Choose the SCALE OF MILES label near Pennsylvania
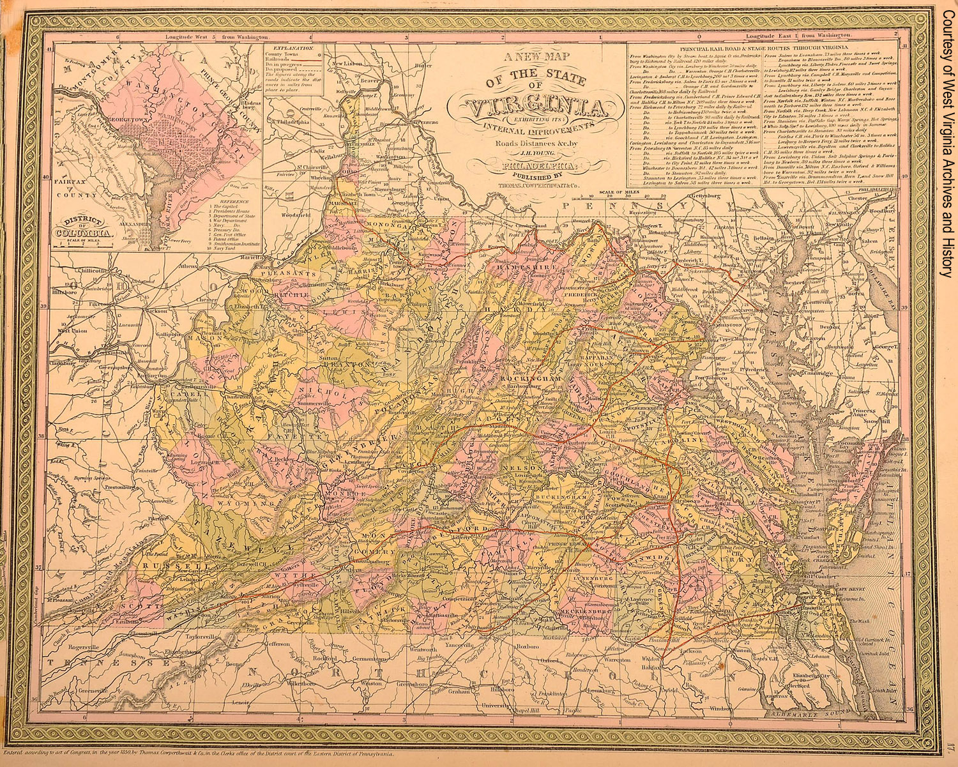597,192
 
